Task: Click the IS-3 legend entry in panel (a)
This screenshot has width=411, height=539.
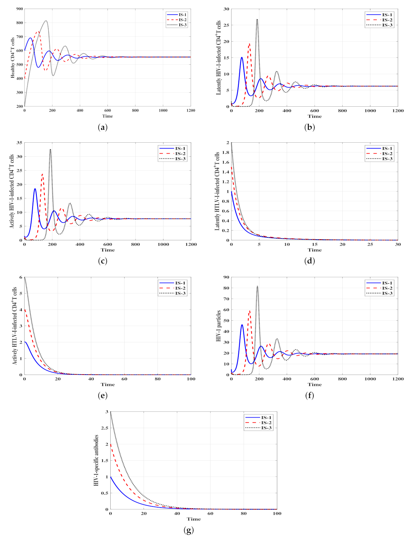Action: click(176, 25)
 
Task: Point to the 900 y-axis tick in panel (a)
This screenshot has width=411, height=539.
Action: click(19, 9)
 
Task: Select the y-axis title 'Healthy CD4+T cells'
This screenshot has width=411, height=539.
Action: click(13, 57)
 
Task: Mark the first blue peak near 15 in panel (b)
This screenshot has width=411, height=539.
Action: click(242, 57)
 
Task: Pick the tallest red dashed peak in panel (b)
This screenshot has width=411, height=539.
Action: click(249, 44)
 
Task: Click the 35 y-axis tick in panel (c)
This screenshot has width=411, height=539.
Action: click(19, 143)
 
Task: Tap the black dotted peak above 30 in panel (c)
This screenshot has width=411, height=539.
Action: click(50, 149)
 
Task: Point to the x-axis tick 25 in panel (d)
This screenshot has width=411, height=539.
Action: click(370, 244)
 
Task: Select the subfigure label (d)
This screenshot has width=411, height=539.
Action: click(309, 261)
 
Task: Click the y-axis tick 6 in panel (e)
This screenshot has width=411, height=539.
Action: click(21, 277)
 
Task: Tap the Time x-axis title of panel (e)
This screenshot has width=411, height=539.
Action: click(107, 384)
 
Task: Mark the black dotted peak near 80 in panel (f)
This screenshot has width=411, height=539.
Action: click(257, 286)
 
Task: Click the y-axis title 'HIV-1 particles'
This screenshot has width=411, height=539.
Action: click(219, 326)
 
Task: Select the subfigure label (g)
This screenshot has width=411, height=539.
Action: click(188, 530)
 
